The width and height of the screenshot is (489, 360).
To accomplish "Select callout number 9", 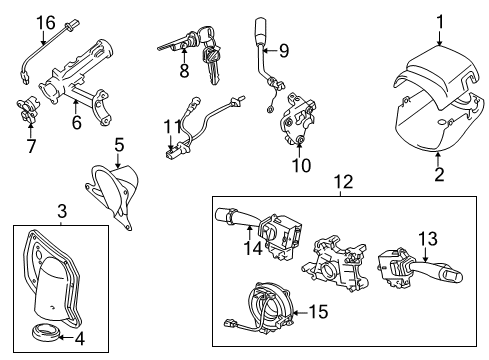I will (x=284, y=49).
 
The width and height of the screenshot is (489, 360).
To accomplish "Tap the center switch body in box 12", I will (x=335, y=271).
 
